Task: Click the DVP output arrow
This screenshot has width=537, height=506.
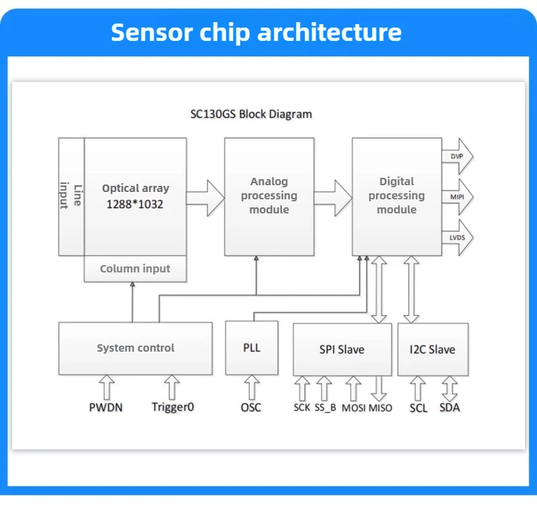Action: tap(457, 156)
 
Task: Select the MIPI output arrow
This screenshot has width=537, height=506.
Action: tap(457, 197)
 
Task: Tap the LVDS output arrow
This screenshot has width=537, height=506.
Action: tap(457, 238)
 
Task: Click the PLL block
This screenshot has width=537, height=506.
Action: tap(252, 348)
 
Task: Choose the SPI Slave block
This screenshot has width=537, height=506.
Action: tap(342, 350)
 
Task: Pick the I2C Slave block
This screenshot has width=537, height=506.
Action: tap(432, 350)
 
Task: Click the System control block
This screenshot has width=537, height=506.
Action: tap(136, 348)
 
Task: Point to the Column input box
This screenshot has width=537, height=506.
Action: tap(135, 268)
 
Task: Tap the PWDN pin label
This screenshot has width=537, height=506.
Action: tap(106, 407)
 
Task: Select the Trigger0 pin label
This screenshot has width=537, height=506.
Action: tap(173, 407)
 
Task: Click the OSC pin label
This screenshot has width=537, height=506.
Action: tap(251, 407)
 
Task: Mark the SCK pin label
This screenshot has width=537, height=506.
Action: tap(302, 407)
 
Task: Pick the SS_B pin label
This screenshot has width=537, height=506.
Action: tap(324, 407)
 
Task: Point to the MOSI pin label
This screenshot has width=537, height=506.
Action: tap(354, 407)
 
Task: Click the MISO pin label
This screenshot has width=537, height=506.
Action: tap(381, 407)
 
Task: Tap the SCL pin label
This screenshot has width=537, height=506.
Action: tap(418, 407)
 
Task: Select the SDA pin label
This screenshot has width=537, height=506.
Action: tap(450, 407)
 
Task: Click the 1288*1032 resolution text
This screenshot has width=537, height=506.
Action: tap(135, 204)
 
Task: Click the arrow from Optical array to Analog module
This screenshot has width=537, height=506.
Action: tap(205, 197)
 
